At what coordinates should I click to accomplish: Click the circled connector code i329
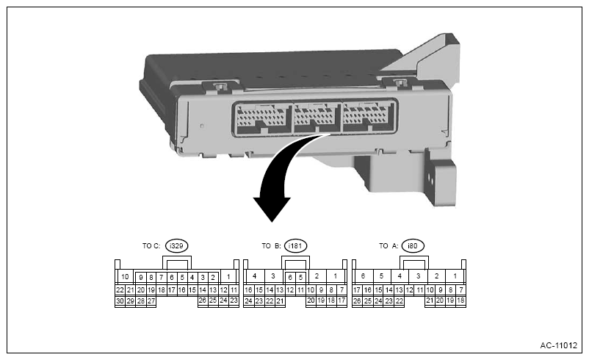click(176, 246)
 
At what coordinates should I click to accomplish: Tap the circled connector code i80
click(413, 246)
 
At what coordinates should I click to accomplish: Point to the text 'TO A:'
click(389, 246)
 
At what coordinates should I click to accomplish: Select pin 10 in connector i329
click(125, 277)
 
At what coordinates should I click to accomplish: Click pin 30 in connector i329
click(120, 300)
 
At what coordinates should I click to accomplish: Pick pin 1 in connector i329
click(229, 277)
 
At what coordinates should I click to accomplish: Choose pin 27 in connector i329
click(151, 300)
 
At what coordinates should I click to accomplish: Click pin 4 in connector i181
click(253, 277)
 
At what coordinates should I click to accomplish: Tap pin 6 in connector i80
click(363, 277)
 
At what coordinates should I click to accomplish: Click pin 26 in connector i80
click(357, 300)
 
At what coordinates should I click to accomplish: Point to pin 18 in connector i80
click(460, 300)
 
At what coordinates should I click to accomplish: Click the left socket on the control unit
click(261, 117)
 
